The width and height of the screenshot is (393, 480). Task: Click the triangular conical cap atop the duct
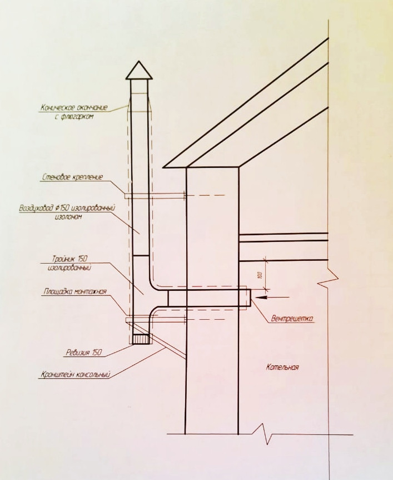pos(140,71)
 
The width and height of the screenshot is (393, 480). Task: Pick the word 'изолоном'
pos(69,217)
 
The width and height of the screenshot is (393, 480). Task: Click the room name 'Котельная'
pos(282,367)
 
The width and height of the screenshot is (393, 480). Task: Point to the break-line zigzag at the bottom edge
pos(265,433)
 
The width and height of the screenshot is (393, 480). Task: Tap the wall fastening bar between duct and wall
pos(167,195)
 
